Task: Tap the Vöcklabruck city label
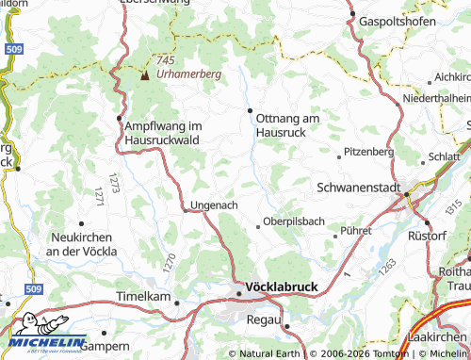coord(282,286)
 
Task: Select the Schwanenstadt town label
coord(359,187)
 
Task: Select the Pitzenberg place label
coord(368,151)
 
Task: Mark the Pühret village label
coord(358,230)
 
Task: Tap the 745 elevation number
coord(167,59)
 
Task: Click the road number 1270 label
coord(169,263)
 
